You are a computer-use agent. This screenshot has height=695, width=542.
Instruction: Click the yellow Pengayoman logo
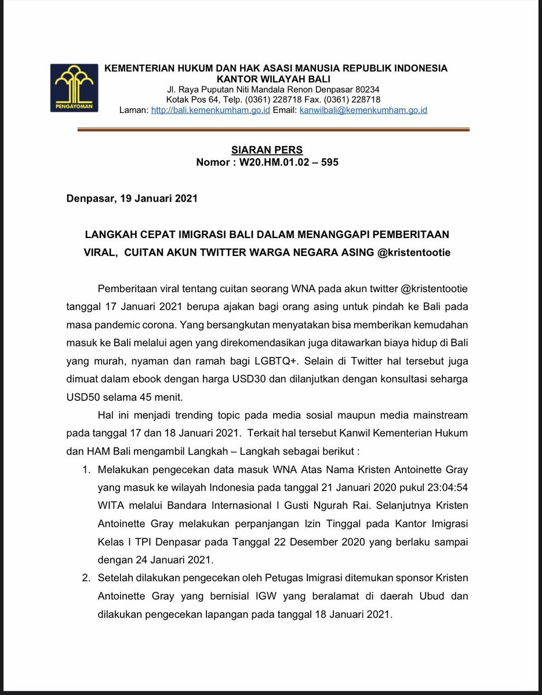pyautogui.click(x=74, y=87)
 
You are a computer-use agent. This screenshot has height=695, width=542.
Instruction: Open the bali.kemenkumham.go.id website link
pyautogui.click(x=210, y=110)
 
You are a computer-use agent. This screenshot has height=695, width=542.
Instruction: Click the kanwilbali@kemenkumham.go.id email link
pyautogui.click(x=363, y=110)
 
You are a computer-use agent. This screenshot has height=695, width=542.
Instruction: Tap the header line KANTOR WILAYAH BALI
pyautogui.click(x=276, y=79)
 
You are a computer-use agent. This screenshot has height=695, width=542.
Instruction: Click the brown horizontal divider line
pyautogui.click(x=273, y=130)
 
